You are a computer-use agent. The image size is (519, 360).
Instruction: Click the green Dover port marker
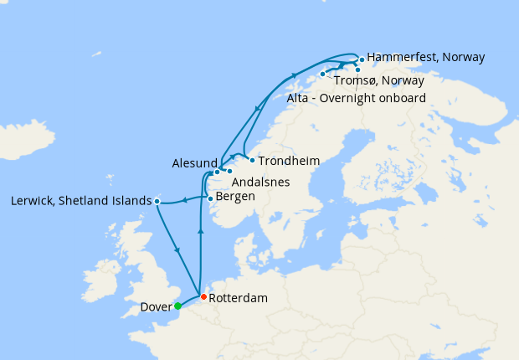point(177,306)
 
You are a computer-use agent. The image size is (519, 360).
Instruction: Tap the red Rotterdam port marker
point(203,296)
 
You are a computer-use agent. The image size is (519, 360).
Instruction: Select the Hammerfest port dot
point(362,59)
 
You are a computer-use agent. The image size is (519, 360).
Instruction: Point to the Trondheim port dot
point(252,160)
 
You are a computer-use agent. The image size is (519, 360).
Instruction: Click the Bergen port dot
point(209,198)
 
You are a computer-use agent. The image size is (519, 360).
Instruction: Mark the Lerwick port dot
point(157,201)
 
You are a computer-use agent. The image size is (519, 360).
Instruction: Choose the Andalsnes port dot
point(229,172)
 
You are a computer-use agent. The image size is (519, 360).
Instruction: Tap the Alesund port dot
point(217,172)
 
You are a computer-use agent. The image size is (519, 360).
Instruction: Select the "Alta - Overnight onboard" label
point(357,98)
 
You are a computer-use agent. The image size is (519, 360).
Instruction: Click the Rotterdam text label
point(239,298)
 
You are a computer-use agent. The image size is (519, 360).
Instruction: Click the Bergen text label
point(235,197)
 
